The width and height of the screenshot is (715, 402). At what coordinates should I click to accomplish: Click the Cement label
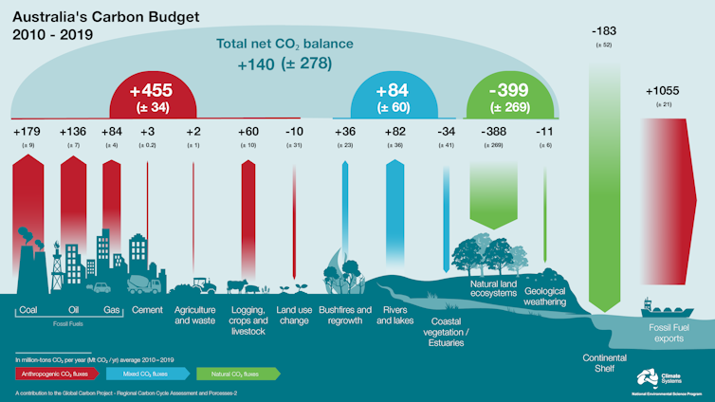click(149, 310)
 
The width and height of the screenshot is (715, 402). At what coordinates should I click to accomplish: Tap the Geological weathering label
click(545, 296)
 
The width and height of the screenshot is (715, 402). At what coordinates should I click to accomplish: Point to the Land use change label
click(293, 315)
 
